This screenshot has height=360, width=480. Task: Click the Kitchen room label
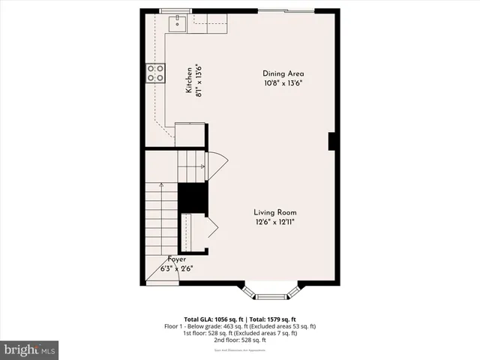coord(189,80)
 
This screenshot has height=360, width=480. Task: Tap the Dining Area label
coord(283,73)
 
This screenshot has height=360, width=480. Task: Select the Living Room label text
coord(275,212)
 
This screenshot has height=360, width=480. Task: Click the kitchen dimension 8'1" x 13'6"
coord(199,80)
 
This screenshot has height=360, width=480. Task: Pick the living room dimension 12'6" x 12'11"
coord(274,222)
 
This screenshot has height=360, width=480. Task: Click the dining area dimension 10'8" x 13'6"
coord(283,83)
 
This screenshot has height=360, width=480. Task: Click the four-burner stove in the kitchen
coord(156,73)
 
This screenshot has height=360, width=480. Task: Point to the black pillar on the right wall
coord(331,142)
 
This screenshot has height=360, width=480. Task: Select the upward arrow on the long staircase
coord(160,185)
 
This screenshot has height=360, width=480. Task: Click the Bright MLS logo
coord(30,349)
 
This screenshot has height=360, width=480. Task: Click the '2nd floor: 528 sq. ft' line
coord(240,340)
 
